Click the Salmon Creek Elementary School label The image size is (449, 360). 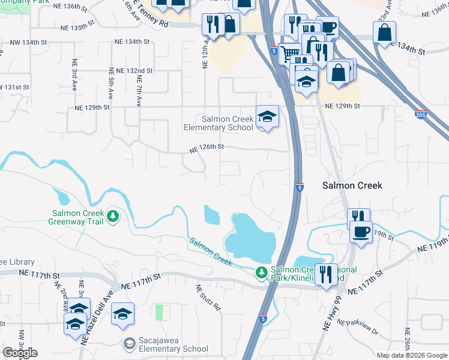(x=219, y=123)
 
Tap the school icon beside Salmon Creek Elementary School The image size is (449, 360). (x=267, y=116)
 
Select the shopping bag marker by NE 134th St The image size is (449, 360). (x=384, y=33)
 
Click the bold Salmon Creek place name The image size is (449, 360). (x=352, y=186)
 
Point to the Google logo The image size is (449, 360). (x=20, y=353)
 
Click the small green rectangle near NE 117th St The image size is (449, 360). (x=159, y=313)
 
